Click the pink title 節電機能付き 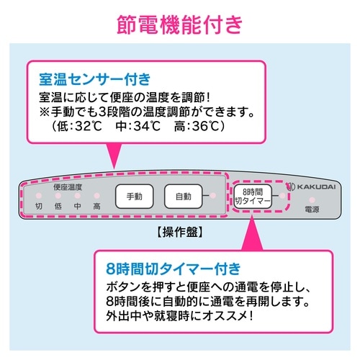[x=180, y=24]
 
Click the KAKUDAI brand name [x=315, y=186]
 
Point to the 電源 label [x=312, y=210]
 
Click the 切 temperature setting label [x=40, y=206]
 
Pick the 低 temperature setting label [x=58, y=206]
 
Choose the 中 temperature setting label [x=77, y=206]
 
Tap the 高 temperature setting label [x=96, y=206]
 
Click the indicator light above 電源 [x=312, y=199]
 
